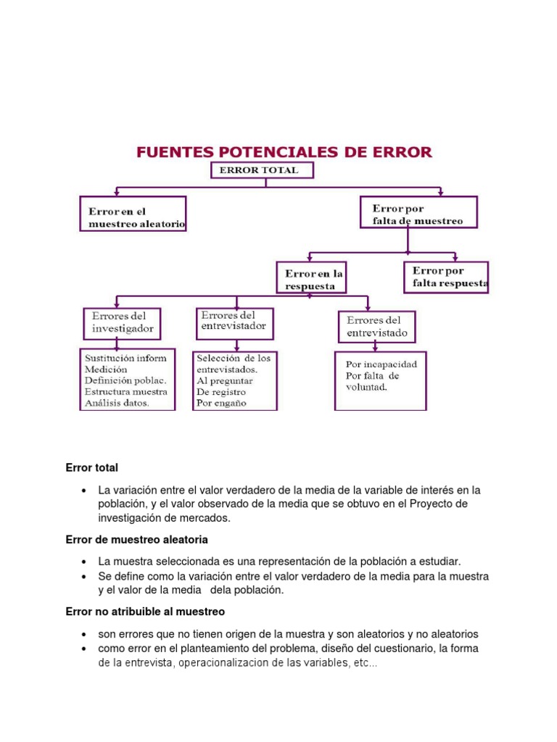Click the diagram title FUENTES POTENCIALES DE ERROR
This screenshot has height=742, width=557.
tap(284, 152)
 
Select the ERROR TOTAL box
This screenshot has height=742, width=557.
tap(263, 170)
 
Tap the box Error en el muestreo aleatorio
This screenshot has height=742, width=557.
tap(133, 214)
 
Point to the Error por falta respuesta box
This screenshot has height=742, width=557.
tap(446, 278)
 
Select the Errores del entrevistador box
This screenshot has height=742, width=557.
tap(234, 323)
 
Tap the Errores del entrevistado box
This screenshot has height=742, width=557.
tap(377, 327)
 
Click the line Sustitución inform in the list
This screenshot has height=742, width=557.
tap(125, 358)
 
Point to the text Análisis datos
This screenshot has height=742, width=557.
tap(117, 403)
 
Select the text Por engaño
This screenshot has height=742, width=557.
tap(222, 403)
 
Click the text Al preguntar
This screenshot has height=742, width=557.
tap(225, 380)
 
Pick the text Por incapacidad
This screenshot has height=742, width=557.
tap(381, 364)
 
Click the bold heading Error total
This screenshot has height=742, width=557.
tap(91, 468)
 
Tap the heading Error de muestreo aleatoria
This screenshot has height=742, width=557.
tap(136, 540)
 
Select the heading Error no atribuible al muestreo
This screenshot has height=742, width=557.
tap(145, 612)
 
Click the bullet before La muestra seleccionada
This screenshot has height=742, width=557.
tap(86, 562)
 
